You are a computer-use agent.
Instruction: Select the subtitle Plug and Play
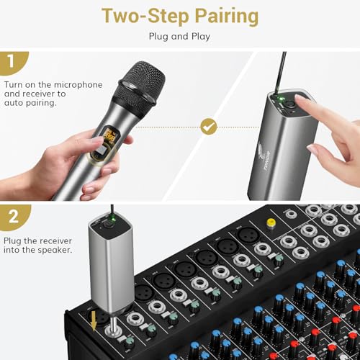[179, 35]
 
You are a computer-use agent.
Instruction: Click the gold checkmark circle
[209, 127]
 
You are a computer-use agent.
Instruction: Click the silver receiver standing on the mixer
[108, 266]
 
